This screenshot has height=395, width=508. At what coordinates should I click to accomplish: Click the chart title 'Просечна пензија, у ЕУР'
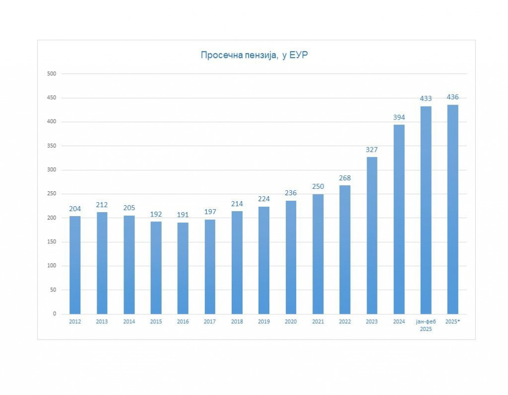pyautogui.click(x=254, y=55)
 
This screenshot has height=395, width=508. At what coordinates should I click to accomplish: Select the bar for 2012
pyautogui.click(x=75, y=265)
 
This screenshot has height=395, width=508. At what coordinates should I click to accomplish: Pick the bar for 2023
pyautogui.click(x=372, y=235)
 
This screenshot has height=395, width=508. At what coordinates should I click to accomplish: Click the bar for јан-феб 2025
pyautogui.click(x=426, y=210)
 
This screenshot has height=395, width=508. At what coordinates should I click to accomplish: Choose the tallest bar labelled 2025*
pyautogui.click(x=452, y=209)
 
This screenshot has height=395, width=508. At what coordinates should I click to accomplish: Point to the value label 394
pyautogui.click(x=399, y=117)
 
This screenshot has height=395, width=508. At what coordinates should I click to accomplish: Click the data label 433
pyautogui.click(x=426, y=99)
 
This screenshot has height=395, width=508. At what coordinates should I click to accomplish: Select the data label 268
pyautogui.click(x=345, y=178)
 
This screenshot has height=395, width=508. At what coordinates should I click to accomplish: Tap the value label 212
pyautogui.click(x=102, y=205)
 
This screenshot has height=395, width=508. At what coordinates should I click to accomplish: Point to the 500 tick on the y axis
pyautogui.click(x=52, y=74)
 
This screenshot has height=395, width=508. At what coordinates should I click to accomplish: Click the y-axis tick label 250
pyautogui.click(x=52, y=194)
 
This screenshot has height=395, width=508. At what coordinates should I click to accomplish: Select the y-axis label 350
pyautogui.click(x=52, y=146)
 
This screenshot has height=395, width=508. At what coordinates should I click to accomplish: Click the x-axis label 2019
pyautogui.click(x=264, y=322)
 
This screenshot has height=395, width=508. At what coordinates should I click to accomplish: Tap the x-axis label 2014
pyautogui.click(x=129, y=322)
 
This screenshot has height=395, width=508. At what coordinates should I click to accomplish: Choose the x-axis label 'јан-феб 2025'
pyautogui.click(x=426, y=325)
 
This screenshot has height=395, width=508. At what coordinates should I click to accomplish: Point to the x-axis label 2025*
pyautogui.click(x=453, y=322)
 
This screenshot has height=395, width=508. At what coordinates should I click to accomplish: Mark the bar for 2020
pyautogui.click(x=291, y=257)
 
